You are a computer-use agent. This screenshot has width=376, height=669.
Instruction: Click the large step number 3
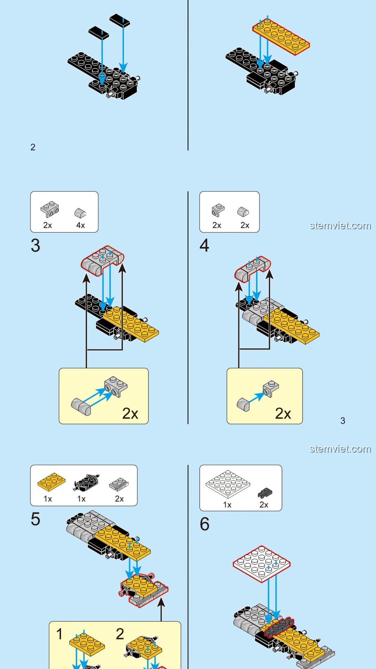36,246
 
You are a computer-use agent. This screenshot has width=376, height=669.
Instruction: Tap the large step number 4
204,246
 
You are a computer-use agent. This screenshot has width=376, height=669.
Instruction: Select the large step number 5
36,519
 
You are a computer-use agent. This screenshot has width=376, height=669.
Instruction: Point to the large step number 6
205,524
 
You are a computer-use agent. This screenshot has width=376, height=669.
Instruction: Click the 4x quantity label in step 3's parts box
80,225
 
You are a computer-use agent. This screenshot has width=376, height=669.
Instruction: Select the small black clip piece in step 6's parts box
265,493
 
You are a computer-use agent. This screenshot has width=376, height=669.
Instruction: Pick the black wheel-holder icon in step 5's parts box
86,483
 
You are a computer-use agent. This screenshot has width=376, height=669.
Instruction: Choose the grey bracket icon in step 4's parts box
218,210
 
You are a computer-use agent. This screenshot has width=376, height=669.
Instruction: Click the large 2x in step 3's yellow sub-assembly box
130,414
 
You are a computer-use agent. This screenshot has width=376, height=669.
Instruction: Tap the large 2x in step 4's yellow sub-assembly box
283,414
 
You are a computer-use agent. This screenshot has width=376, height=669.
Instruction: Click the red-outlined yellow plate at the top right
281,37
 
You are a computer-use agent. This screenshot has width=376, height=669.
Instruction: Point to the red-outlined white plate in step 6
261,563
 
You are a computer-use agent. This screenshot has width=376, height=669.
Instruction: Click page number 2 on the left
33,147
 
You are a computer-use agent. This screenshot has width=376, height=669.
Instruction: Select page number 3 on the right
343,421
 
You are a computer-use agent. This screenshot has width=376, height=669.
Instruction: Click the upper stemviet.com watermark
340,226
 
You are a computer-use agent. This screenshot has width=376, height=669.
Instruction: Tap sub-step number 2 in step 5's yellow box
120,634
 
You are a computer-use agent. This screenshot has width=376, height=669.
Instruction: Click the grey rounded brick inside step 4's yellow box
243,404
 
